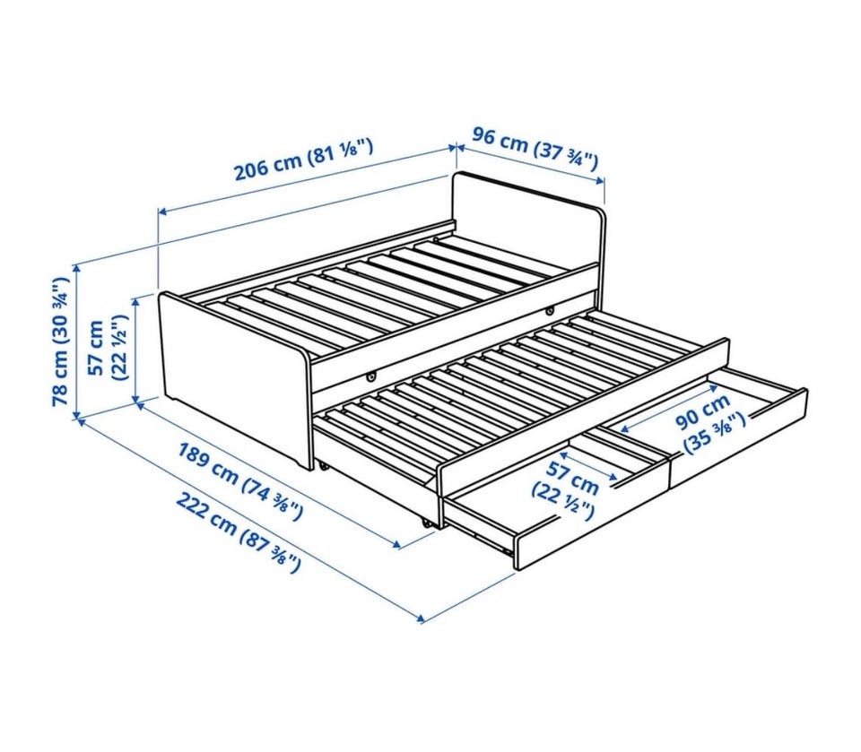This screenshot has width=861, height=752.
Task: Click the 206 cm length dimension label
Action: tap(304, 158)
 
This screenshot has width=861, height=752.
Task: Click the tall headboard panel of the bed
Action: tap(528, 222)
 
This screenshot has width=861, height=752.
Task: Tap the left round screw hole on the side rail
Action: tap(371, 377)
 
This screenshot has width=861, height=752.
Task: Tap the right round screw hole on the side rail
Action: tap(549, 312)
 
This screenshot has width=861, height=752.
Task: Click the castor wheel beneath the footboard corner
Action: tap(324, 466)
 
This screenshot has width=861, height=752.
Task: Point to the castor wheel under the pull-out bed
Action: tap(427, 522)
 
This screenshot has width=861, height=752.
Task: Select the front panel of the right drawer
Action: tap(737, 437)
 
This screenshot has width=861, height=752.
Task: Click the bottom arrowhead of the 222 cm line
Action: tap(421, 620)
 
